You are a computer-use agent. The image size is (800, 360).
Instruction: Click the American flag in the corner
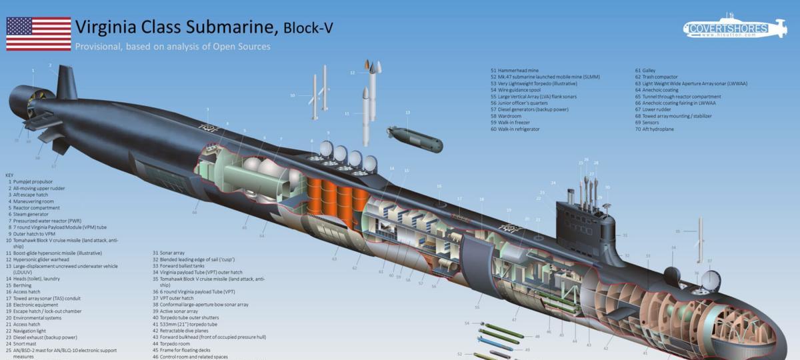[39, 34]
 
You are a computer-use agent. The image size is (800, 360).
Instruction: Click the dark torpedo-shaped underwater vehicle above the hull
[415, 137]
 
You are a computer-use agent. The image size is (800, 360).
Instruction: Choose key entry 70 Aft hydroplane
[657, 129]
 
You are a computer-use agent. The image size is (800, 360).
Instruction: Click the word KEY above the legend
[9, 175]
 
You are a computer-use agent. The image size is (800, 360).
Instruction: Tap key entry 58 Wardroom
[510, 116]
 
